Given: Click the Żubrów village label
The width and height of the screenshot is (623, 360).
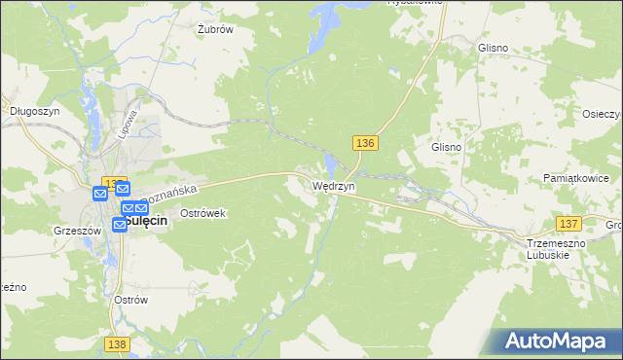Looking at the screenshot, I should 215,29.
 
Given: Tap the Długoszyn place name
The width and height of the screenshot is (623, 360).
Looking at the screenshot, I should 29,111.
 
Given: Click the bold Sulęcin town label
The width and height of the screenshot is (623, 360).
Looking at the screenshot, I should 146,221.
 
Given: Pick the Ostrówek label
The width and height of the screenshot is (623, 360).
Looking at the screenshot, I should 202,212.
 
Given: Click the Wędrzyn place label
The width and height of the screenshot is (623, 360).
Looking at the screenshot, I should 333,185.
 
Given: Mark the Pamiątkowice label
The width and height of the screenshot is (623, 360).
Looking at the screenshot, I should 575,179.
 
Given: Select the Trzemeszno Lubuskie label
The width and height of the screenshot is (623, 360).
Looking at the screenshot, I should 553,248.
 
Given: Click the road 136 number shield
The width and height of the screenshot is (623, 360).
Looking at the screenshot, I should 365,143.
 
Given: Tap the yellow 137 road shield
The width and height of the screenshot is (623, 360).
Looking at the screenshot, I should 569,224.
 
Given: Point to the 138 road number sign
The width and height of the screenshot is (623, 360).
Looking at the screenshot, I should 117,344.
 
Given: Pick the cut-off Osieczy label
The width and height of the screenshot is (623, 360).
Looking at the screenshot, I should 603,112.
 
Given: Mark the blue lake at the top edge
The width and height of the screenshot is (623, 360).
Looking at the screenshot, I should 325,12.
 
